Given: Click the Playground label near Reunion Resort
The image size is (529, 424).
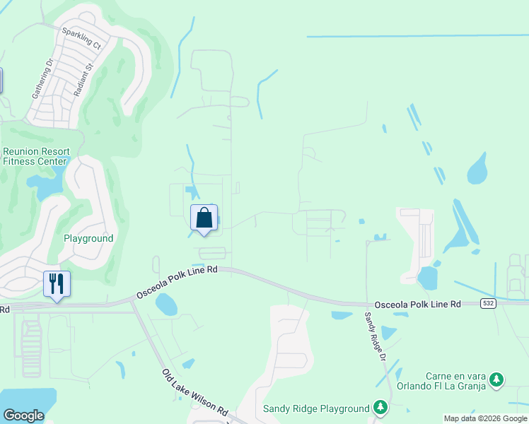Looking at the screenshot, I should (88, 239).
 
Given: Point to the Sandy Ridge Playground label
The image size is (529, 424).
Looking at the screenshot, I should (316, 408).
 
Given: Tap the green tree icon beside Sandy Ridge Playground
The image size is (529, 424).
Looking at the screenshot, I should (381, 408).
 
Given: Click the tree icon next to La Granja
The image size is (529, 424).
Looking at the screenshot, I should (497, 380).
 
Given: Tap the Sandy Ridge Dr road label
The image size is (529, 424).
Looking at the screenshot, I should (375, 337).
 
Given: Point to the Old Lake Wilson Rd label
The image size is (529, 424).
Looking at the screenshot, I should (194, 393).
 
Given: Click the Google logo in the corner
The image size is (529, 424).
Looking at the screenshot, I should (23, 416).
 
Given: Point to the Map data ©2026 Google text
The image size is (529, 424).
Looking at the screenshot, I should (485, 418).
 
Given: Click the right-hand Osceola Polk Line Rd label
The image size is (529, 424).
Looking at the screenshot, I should (417, 304).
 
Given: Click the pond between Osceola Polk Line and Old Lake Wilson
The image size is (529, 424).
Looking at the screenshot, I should (166, 305).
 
